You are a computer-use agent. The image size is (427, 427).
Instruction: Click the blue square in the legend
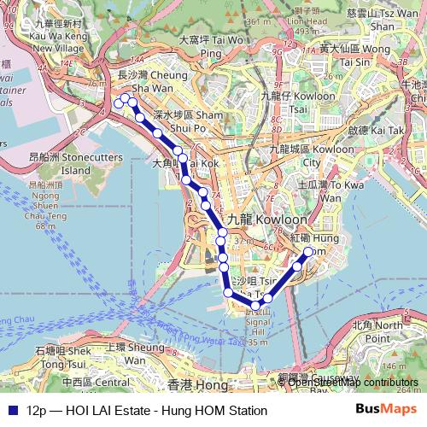[11, 410]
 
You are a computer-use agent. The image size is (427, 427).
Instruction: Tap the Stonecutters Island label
[59, 163]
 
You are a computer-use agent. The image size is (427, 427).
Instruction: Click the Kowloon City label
[298, 155]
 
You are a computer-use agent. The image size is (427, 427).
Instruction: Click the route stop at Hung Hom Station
[308, 251]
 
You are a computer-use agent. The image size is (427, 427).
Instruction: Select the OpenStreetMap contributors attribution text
[352, 382]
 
